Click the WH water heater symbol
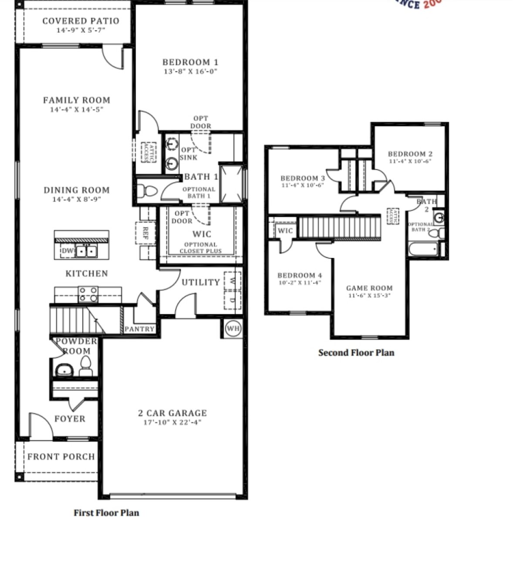pyautogui.click(x=233, y=328)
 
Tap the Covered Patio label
pyautogui.click(x=81, y=21)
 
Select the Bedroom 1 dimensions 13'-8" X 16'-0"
pyautogui.click(x=190, y=72)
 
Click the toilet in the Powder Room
pyautogui.click(x=85, y=366)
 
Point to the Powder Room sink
pyautogui.click(x=64, y=370)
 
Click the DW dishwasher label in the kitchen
pyautogui.click(x=67, y=251)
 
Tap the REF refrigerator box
pyautogui.click(x=146, y=233)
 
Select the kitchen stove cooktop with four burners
pyautogui.click(x=88, y=294)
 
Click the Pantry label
pyautogui.click(x=139, y=329)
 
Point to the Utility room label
pyautogui.click(x=201, y=282)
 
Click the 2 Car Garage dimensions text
pyautogui.click(x=172, y=422)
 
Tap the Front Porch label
pyautogui.click(x=61, y=457)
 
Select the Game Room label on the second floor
pyautogui.click(x=369, y=288)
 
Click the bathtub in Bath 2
pyautogui.click(x=423, y=250)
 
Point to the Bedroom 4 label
pyautogui.click(x=300, y=275)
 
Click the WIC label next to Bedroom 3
pyautogui.click(x=285, y=231)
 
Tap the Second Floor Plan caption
pyautogui.click(x=356, y=353)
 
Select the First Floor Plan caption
pyautogui.click(x=106, y=513)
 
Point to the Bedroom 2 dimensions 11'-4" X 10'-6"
pyautogui.click(x=410, y=161)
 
